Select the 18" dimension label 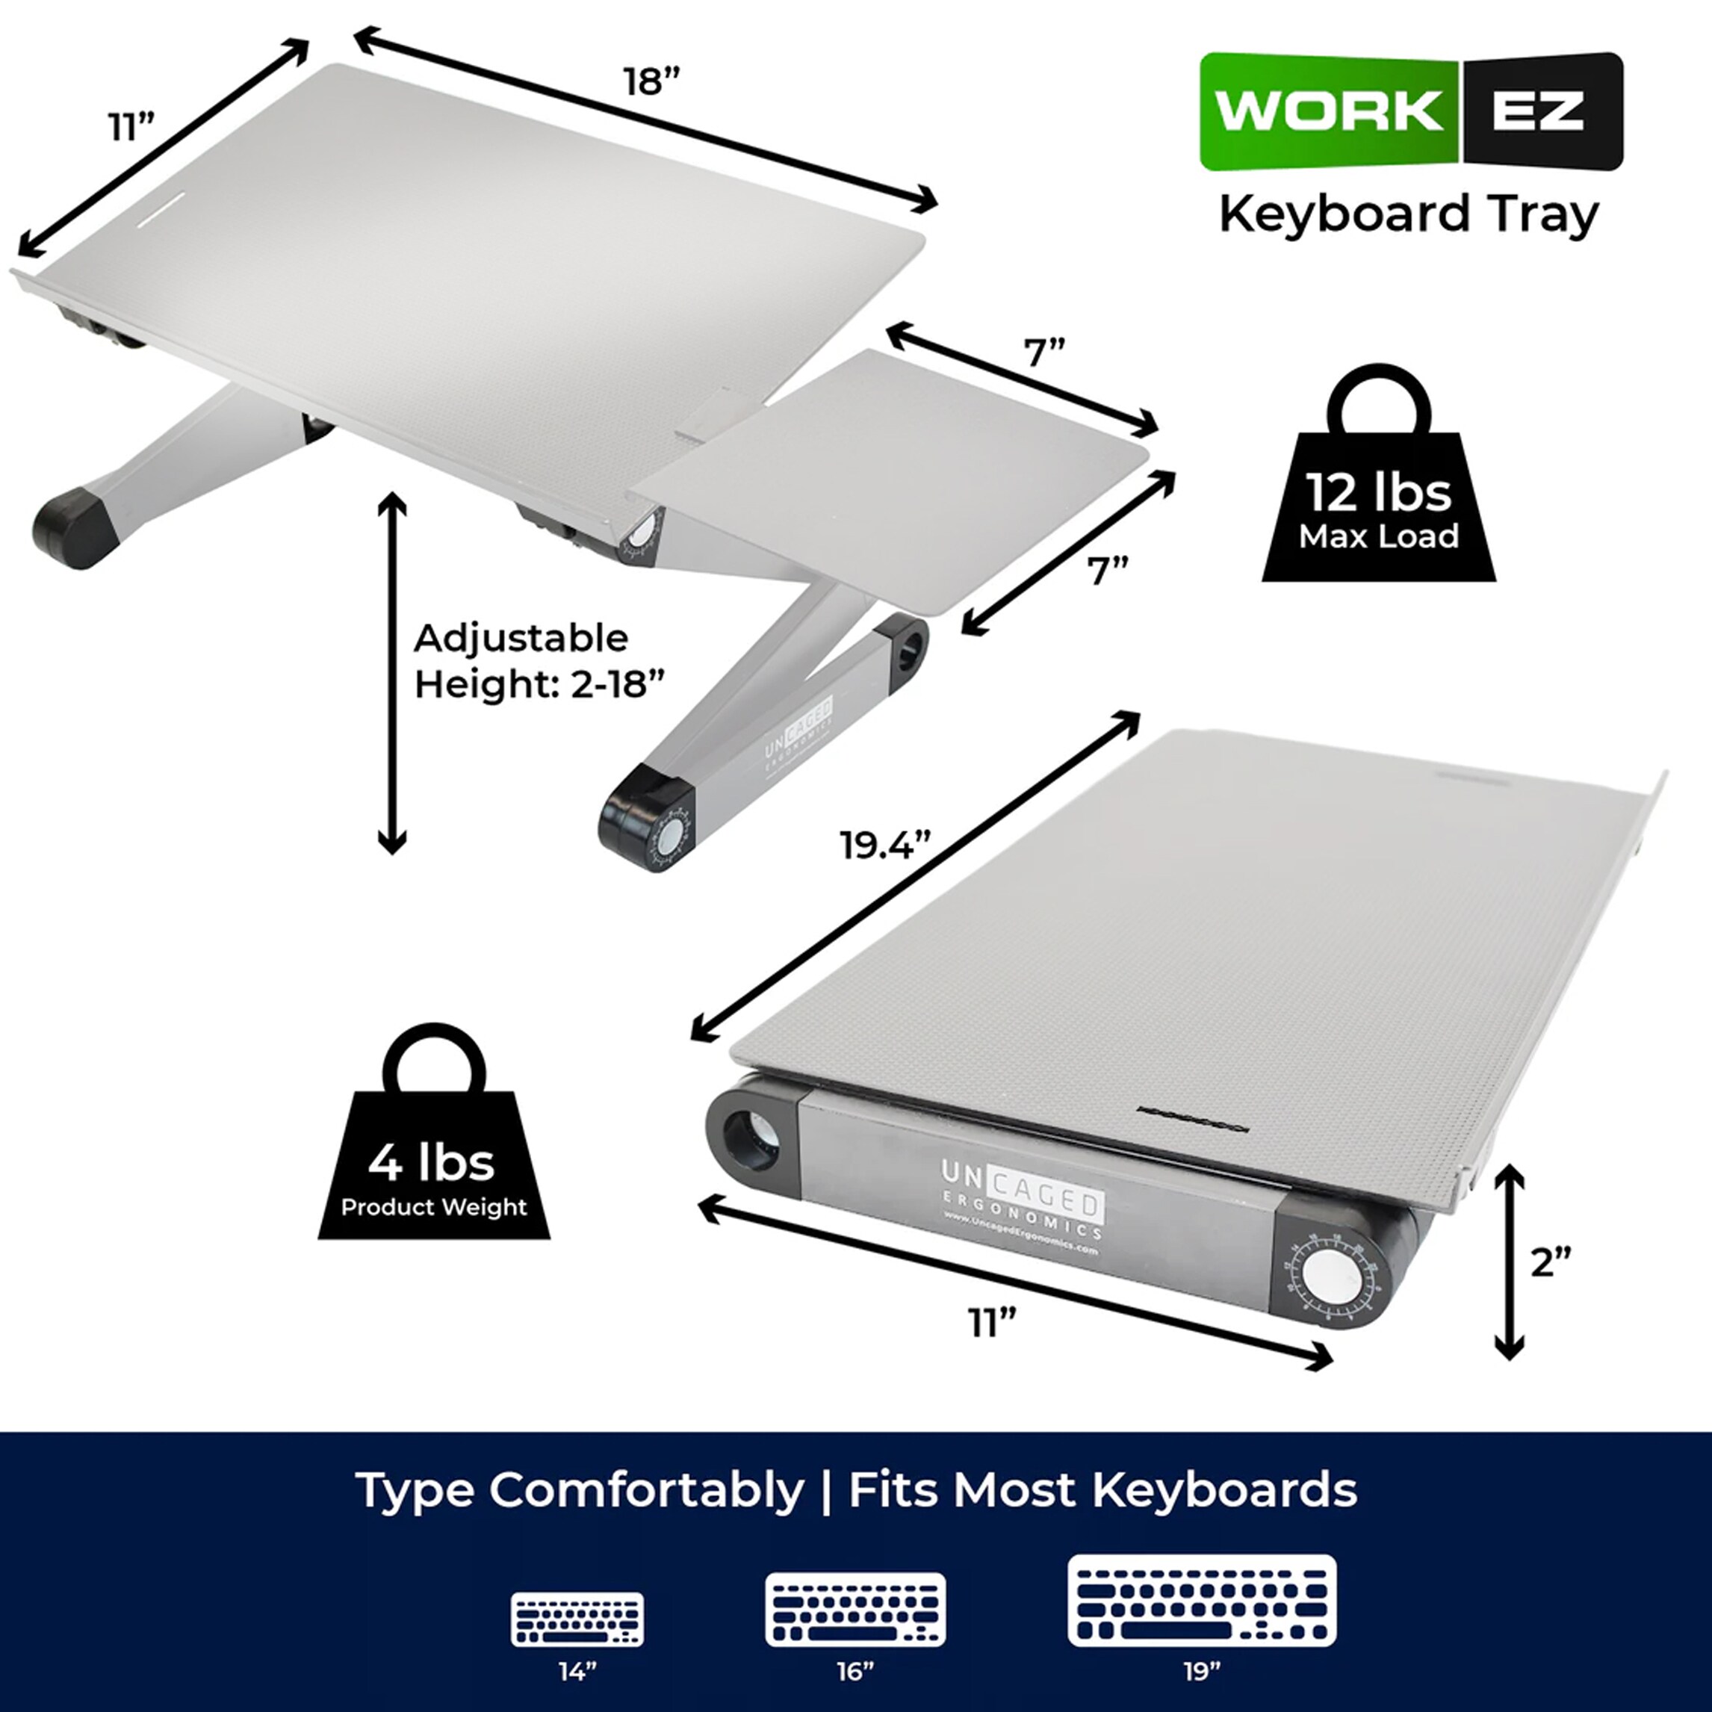(x=651, y=81)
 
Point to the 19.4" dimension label (x=884, y=846)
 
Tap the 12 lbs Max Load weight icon (x=1379, y=496)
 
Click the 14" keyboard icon (x=577, y=1619)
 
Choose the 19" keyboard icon (x=1202, y=1601)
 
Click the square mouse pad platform (x=895, y=479)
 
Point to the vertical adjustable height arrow (x=391, y=674)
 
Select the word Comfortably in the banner (x=647, y=1489)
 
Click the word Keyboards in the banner (x=1223, y=1489)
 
